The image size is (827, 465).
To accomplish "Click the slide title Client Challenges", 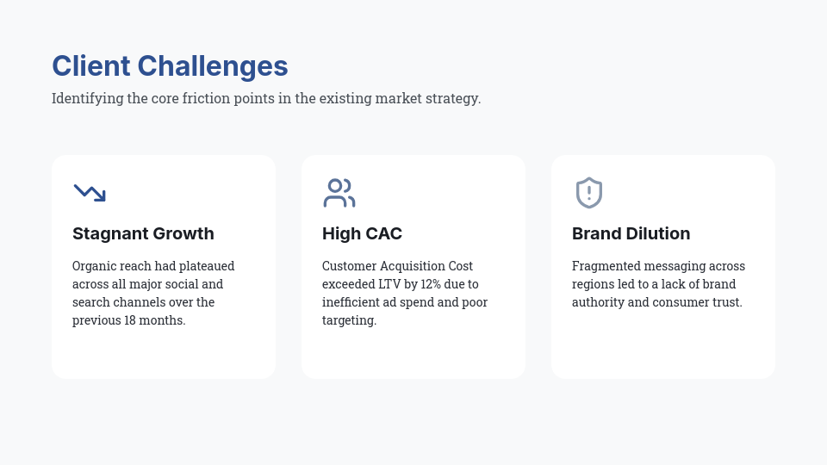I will [x=170, y=66].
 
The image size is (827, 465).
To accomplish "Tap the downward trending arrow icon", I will [x=90, y=193].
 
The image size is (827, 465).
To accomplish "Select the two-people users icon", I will [x=339, y=193].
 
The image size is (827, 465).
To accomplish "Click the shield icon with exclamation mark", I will [x=589, y=193].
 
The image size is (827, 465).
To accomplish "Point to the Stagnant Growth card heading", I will [x=143, y=233].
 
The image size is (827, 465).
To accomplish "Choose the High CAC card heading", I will [x=362, y=233].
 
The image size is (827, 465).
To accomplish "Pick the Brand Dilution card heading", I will [x=631, y=233].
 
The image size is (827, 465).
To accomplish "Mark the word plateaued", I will [x=208, y=266].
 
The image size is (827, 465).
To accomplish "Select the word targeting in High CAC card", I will [x=348, y=320].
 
